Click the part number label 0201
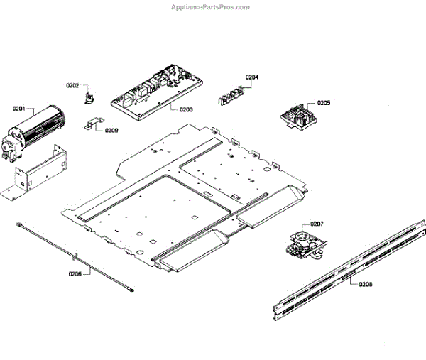(x=18, y=109)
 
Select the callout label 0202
(x=72, y=85)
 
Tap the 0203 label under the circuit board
(x=186, y=109)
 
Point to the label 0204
(x=252, y=77)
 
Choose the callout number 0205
(x=323, y=103)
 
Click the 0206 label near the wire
(x=75, y=273)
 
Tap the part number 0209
(x=111, y=130)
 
